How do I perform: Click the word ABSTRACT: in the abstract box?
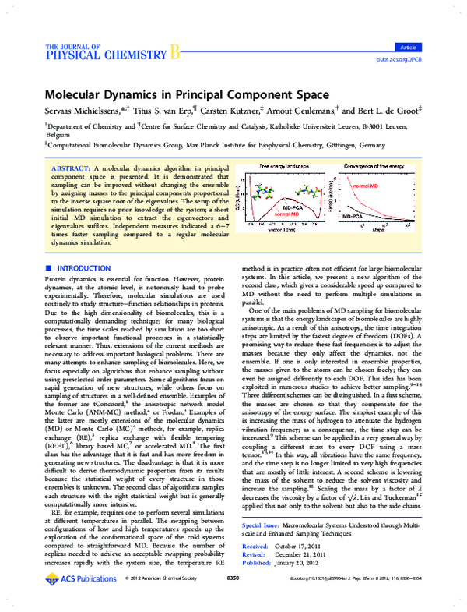coord(70,168)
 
